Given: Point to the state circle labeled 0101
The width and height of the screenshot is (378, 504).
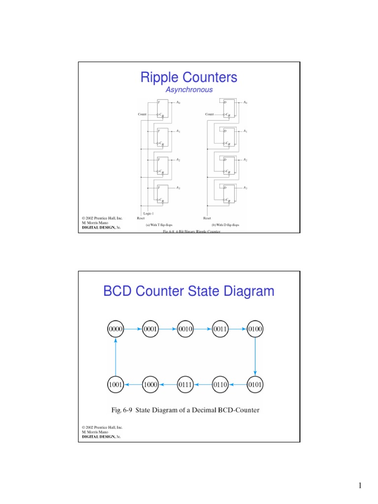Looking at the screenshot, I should [255, 384].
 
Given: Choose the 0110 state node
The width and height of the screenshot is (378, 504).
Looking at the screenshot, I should [220, 384].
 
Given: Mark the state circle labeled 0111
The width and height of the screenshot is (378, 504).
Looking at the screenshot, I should [185, 384].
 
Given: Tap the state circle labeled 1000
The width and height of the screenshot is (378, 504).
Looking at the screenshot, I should [150, 384].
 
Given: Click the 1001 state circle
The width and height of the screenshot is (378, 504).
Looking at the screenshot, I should [115, 384].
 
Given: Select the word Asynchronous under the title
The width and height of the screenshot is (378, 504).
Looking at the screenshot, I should [189, 90].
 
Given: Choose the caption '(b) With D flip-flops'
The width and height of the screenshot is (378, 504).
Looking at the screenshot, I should [225, 224].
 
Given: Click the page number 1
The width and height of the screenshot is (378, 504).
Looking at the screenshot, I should [360, 486].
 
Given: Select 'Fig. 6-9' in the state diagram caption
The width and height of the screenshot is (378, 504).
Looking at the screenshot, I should [121, 409].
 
